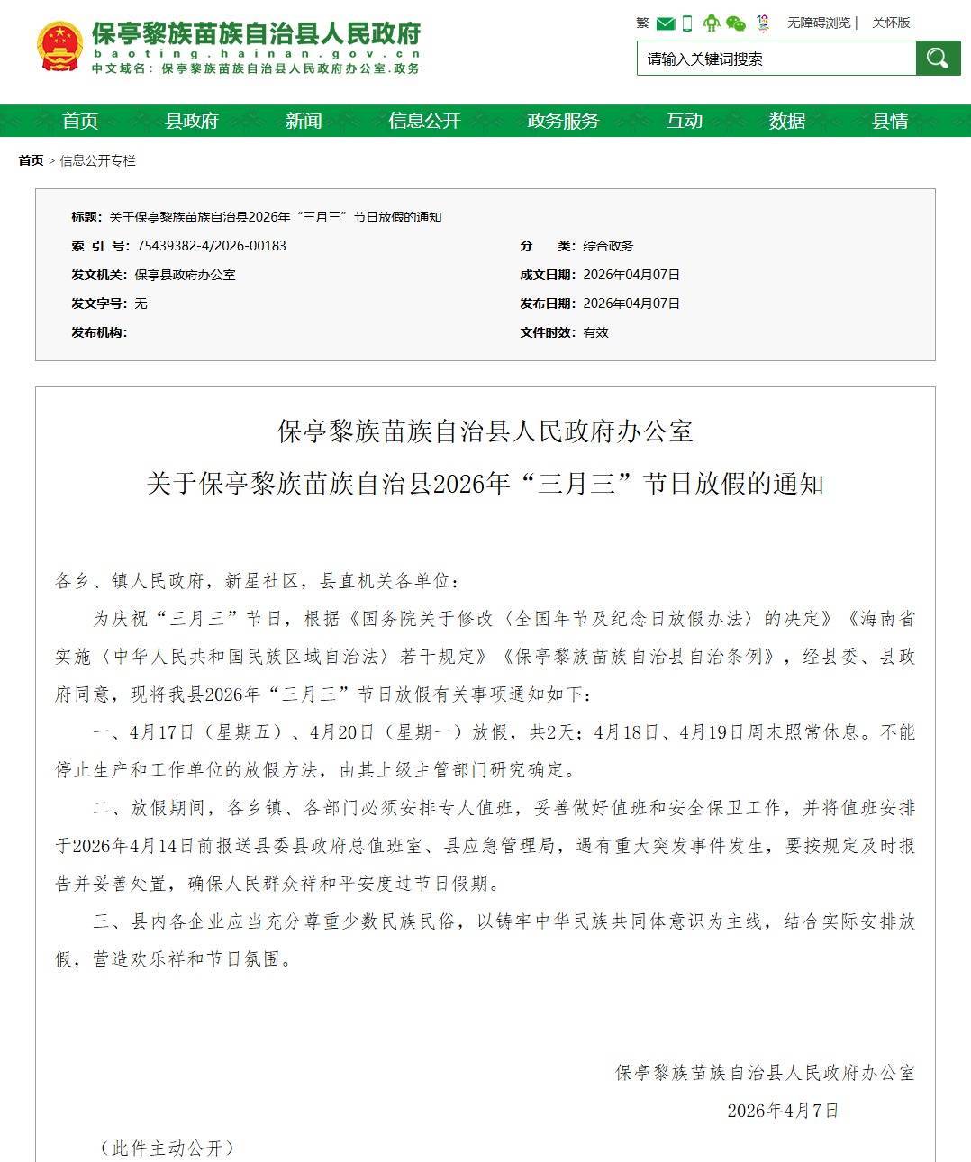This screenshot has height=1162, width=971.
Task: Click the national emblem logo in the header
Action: point(59,47)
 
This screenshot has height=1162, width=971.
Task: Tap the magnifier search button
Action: point(938,59)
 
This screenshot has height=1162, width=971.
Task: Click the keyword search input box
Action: point(776,59)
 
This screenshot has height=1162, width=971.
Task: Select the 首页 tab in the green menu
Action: point(80,121)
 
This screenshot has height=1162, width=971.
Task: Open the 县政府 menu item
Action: point(192,121)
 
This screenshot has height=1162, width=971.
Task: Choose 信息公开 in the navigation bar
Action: point(424,121)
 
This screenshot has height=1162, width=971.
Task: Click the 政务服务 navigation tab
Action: point(563,121)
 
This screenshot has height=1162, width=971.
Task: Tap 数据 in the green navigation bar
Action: point(787,121)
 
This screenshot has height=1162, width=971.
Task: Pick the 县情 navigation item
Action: point(890,121)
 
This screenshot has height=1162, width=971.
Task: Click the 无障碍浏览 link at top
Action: point(819,23)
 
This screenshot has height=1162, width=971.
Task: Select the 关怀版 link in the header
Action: point(891,23)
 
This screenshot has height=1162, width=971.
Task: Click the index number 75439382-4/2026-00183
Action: point(212,246)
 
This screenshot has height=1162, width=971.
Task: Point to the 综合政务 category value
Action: point(608,246)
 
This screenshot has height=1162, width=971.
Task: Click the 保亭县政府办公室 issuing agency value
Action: point(185,275)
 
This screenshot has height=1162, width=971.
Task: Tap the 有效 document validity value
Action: point(595,332)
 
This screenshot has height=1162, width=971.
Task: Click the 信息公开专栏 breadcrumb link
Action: point(97,160)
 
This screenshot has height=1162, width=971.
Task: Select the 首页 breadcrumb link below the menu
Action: point(31,160)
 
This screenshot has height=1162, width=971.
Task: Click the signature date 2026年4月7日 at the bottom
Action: point(783,1110)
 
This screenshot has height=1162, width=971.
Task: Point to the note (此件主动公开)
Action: point(167,1148)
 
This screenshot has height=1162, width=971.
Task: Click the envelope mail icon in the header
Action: point(666,23)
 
